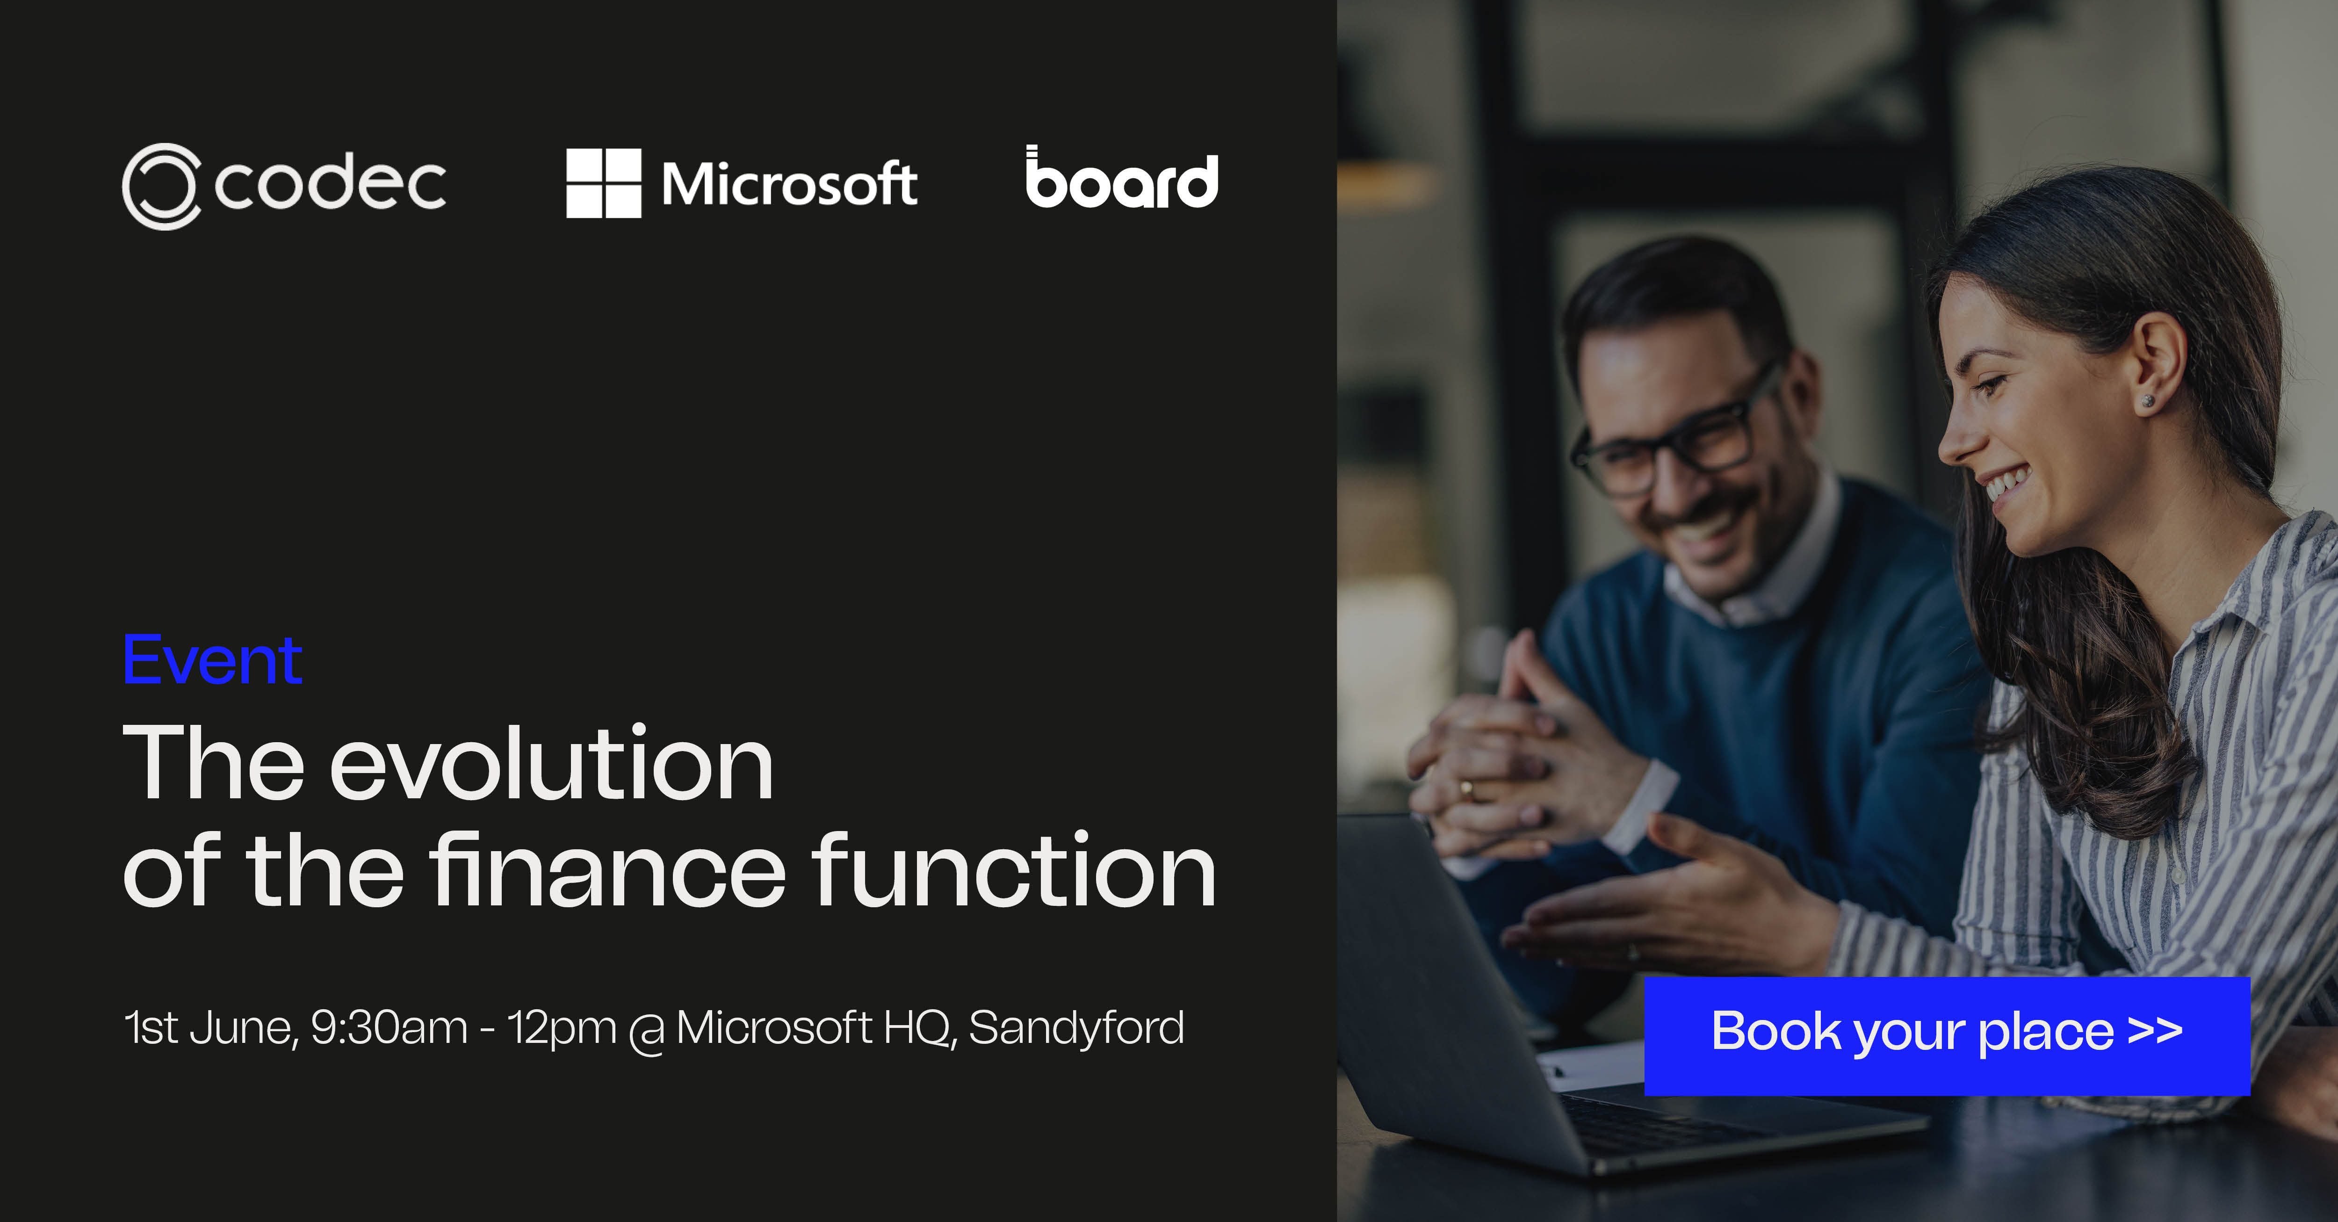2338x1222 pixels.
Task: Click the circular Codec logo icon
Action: [161, 186]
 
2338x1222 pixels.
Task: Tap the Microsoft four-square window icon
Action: [604, 183]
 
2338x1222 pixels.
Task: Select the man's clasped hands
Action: [1507, 753]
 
